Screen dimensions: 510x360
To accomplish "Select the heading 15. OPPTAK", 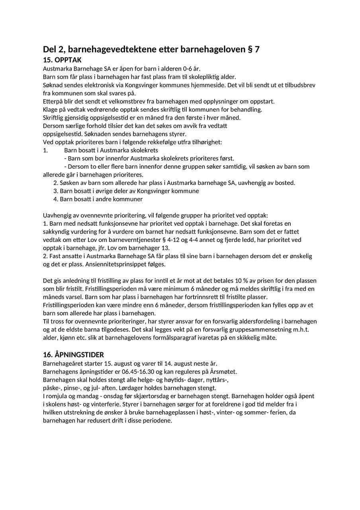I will tap(62, 60).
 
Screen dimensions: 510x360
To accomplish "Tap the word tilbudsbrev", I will tap(299, 85).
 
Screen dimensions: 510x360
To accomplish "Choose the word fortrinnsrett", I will tap(199, 297).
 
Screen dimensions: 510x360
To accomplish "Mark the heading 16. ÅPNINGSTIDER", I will tap(73, 355).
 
